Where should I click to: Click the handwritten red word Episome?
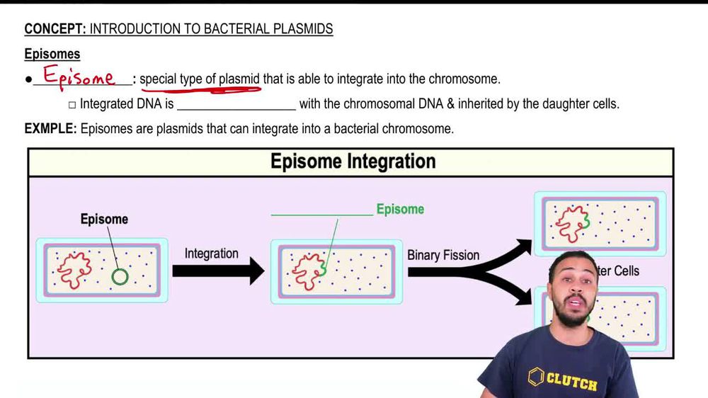(79, 76)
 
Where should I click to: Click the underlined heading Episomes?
(52, 55)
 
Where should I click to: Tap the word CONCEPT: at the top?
(55, 29)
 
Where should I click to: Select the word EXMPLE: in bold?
(50, 129)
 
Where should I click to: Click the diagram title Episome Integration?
(353, 161)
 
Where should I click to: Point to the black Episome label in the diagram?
(104, 220)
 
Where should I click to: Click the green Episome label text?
(400, 210)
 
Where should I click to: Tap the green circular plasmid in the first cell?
(120, 276)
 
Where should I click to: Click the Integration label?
(212, 254)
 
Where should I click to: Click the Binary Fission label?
(443, 255)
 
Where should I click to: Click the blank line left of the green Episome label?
(321, 214)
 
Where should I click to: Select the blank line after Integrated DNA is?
(236, 108)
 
